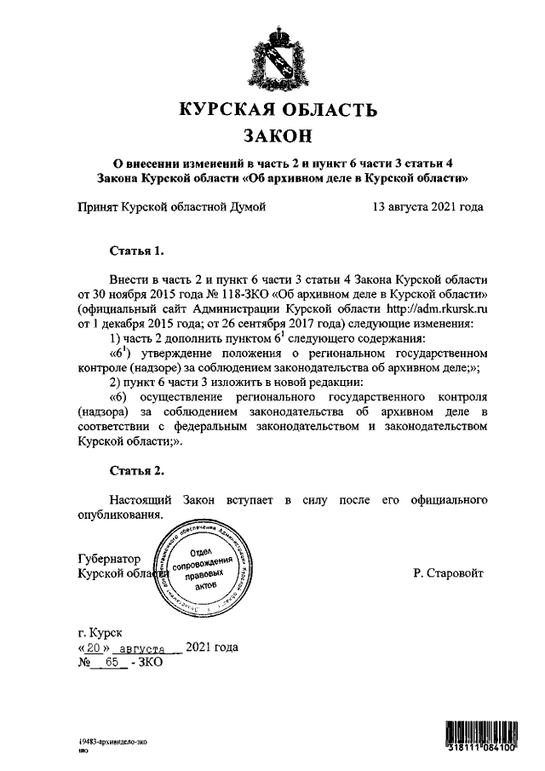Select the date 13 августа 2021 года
(x=427, y=206)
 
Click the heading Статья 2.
(x=135, y=470)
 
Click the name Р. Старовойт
(x=447, y=573)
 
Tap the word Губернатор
(x=109, y=559)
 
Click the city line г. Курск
(x=100, y=632)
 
